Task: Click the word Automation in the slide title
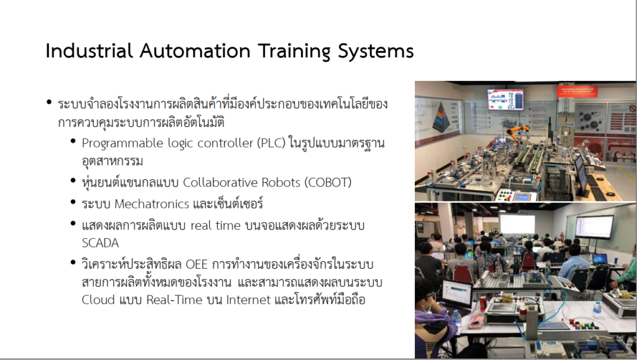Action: (x=195, y=51)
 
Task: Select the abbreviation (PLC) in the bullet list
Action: (x=271, y=143)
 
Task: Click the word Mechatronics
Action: (x=152, y=204)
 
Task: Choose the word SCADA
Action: (x=100, y=242)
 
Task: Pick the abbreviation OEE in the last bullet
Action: (x=197, y=264)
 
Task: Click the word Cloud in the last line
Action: (x=98, y=300)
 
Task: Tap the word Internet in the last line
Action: (x=248, y=300)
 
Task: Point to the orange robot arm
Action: (x=516, y=132)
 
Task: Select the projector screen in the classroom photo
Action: (x=517, y=224)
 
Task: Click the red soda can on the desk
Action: (x=483, y=304)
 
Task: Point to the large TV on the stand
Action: (x=593, y=227)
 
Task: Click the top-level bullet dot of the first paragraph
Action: (x=49, y=102)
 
